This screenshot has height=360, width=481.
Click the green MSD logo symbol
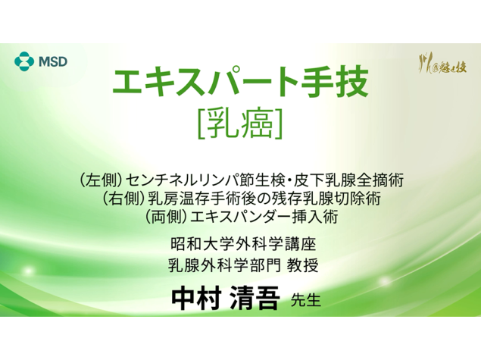(25, 61)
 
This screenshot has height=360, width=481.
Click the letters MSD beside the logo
(52, 61)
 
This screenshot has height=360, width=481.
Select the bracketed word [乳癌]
(240, 124)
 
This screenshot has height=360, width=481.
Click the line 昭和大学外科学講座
(240, 246)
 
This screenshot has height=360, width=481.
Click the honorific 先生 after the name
(306, 299)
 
